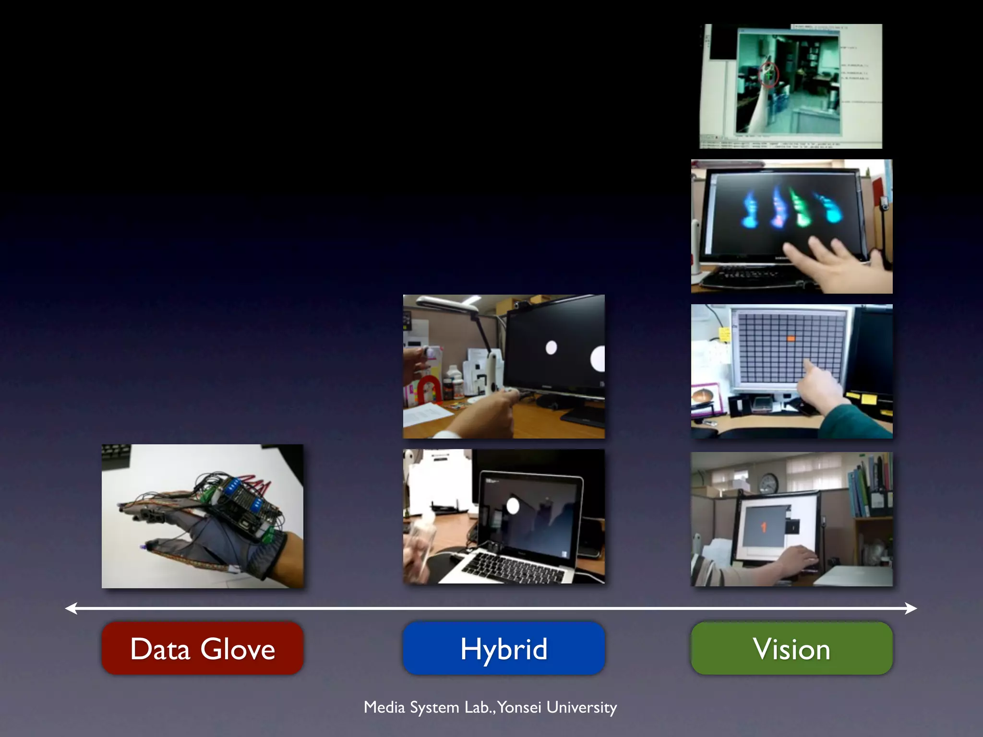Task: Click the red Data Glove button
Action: [x=202, y=648]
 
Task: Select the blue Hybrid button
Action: [x=503, y=648]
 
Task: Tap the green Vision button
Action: [x=791, y=648]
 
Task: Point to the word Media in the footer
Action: [x=384, y=707]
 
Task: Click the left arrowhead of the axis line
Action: [x=71, y=608]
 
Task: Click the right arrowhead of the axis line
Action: [x=911, y=608]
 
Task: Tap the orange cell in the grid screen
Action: [x=791, y=339]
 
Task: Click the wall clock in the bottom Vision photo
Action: [x=768, y=483]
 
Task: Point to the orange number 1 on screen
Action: [x=763, y=527]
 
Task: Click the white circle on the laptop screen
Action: [x=513, y=506]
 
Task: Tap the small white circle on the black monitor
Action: [x=551, y=347]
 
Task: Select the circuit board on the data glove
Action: [x=245, y=504]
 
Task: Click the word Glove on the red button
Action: [x=238, y=649]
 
